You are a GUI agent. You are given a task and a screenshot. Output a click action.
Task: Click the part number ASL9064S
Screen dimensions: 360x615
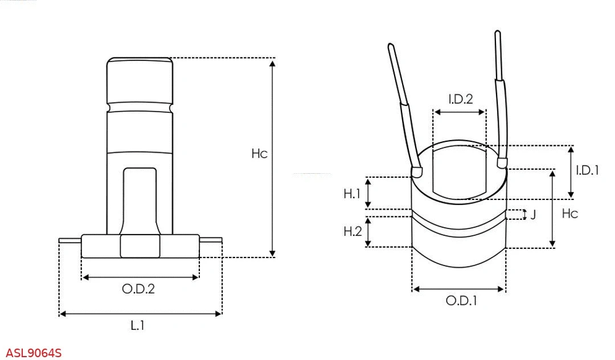[x=34, y=353]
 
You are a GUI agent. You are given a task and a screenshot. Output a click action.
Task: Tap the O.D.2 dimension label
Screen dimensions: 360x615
[x=138, y=289]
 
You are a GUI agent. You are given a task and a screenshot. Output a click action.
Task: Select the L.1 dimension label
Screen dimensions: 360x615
[x=138, y=326]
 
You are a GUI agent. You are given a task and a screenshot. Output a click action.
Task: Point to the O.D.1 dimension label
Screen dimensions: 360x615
[x=461, y=301]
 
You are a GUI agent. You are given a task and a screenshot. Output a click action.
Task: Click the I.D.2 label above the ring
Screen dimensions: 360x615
[x=460, y=99]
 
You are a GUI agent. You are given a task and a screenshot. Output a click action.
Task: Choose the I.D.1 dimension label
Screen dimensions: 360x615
[x=587, y=170]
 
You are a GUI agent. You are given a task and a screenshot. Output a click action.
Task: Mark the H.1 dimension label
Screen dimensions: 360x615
[x=352, y=194]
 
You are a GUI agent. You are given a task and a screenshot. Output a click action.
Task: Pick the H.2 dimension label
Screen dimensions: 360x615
[x=352, y=231]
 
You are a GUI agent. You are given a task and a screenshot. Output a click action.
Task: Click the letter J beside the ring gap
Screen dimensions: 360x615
[x=533, y=215]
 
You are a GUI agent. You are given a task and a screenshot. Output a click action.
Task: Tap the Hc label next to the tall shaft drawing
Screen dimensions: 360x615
[x=259, y=154]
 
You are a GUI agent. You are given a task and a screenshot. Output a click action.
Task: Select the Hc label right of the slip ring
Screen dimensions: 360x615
[x=570, y=214]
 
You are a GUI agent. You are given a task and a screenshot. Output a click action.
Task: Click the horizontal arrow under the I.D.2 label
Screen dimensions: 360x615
[x=460, y=112]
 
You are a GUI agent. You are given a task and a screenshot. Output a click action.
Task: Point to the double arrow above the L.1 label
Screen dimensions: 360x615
[x=140, y=313]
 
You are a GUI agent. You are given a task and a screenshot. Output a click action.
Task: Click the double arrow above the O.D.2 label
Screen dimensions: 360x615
[x=140, y=277]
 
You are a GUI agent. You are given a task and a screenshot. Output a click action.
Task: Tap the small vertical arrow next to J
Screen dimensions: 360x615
[x=523, y=215]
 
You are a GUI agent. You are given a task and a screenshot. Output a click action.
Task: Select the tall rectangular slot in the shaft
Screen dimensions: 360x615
[x=140, y=199]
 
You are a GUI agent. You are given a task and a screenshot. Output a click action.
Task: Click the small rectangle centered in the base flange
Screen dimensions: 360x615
[x=140, y=246]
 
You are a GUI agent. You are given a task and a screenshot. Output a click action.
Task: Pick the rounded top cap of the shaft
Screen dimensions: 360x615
[x=140, y=80]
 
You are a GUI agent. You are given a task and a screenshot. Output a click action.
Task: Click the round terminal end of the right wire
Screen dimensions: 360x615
[x=502, y=163]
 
